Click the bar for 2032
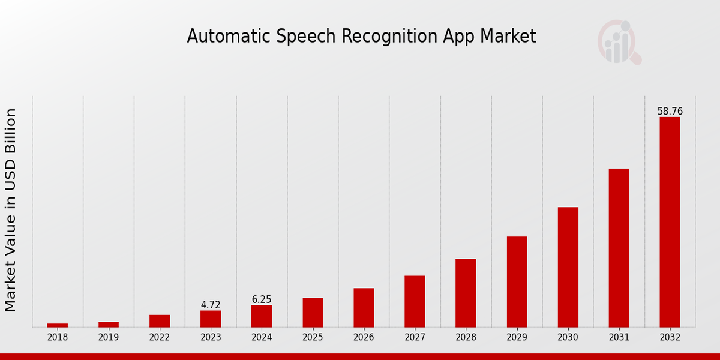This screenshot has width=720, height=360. point(670,222)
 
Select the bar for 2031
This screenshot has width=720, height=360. point(619,248)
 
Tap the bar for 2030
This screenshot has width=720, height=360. point(568,267)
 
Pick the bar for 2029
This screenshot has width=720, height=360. point(517,281)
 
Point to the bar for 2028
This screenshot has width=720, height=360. point(466,293)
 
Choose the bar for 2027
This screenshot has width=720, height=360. point(415,301)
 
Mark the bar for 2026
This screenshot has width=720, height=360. point(364,307)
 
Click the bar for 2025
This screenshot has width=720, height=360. point(313,312)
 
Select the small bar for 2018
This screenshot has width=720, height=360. point(58,325)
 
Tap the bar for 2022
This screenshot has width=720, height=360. point(160,321)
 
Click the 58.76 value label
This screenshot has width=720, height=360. point(670,112)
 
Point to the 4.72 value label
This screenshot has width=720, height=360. point(211,305)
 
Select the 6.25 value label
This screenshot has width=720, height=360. point(262,299)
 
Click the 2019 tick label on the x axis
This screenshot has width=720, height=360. point(109,338)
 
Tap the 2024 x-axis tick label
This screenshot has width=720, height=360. point(262,338)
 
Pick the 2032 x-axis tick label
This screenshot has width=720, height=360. point(670,338)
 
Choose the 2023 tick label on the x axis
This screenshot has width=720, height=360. point(211,338)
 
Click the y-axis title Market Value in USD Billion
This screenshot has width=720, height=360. point(11,210)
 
